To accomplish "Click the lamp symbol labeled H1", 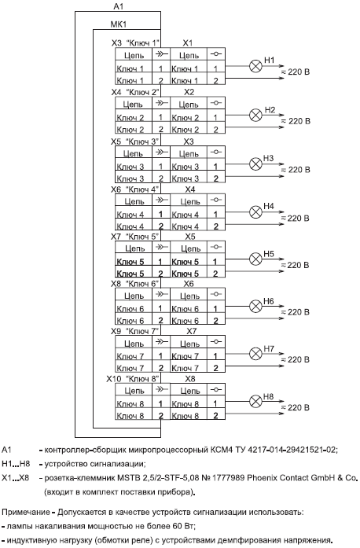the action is (255, 66).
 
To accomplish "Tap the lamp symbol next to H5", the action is (255, 259).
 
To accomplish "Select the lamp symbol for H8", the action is (255, 402).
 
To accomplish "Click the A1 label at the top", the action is (119, 6).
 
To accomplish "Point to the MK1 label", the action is (119, 24).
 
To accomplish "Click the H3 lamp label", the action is (268, 158).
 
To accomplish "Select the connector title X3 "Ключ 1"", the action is (136, 43).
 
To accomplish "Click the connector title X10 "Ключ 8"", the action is (133, 379).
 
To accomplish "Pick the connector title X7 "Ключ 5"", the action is (135, 237).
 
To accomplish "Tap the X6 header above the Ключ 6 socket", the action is (189, 284).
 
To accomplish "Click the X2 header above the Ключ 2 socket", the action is (189, 92).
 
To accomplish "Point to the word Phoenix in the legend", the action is (261, 478).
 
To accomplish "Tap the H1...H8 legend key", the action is (16, 464).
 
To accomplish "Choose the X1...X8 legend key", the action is (16, 478).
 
